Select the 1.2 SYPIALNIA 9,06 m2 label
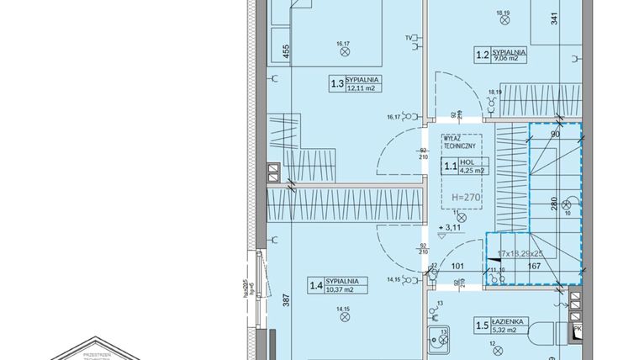click(500, 57)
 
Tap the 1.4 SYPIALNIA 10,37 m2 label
click(335, 285)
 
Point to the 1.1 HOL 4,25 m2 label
click(465, 167)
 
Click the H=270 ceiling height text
click(465, 197)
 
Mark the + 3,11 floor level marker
click(452, 228)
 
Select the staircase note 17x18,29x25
click(521, 253)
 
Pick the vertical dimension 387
click(286, 298)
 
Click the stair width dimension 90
click(555, 132)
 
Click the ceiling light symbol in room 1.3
click(344, 50)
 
